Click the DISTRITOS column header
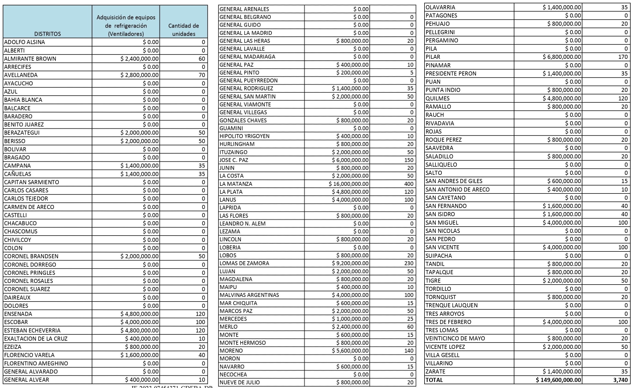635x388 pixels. pyautogui.click(x=47, y=34)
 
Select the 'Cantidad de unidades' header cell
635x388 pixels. pyautogui.click(x=183, y=30)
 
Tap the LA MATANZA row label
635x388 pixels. pyautogui.click(x=236, y=184)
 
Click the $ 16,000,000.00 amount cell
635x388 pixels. pyautogui.click(x=349, y=184)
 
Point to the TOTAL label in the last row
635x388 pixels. pyautogui.click(x=434, y=380)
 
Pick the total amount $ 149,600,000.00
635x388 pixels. pyautogui.click(x=558, y=380)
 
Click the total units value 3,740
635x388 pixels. pyautogui.click(x=620, y=380)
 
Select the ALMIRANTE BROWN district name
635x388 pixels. pyautogui.click(x=30, y=59)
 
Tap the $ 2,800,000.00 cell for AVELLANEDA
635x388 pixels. pyautogui.click(x=139, y=75)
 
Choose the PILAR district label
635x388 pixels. pyautogui.click(x=433, y=57)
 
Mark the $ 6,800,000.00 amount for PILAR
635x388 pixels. pyautogui.click(x=562, y=57)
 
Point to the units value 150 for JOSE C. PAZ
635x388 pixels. pyautogui.click(x=409, y=160)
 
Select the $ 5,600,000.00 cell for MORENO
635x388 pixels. pyautogui.click(x=350, y=351)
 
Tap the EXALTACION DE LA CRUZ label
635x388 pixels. pyautogui.click(x=36, y=338)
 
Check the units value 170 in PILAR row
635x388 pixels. pyautogui.click(x=623, y=57)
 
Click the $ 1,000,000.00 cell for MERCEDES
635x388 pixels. pyautogui.click(x=350, y=319)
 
